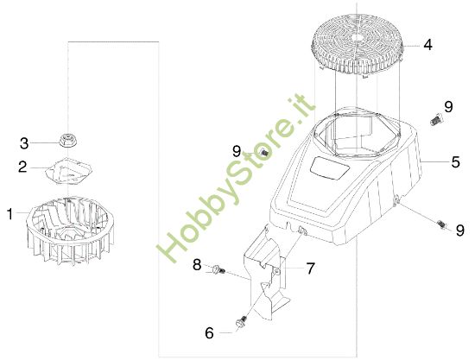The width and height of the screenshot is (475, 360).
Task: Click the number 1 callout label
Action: pyautogui.click(x=10, y=212)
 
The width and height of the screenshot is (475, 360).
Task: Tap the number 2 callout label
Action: pyautogui.click(x=23, y=166)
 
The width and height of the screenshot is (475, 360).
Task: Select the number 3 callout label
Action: pyautogui.click(x=24, y=142)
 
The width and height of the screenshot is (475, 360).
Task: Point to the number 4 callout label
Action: pyautogui.click(x=427, y=42)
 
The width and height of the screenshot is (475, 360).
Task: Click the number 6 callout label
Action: pyautogui.click(x=209, y=332)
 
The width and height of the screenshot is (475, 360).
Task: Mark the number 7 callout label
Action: pyautogui.click(x=310, y=269)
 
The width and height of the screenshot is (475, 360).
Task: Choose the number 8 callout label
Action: pyautogui.click(x=196, y=264)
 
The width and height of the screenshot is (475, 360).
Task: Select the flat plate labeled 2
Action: pyautogui.click(x=72, y=169)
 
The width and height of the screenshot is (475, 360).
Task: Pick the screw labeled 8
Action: pyautogui.click(x=217, y=272)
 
